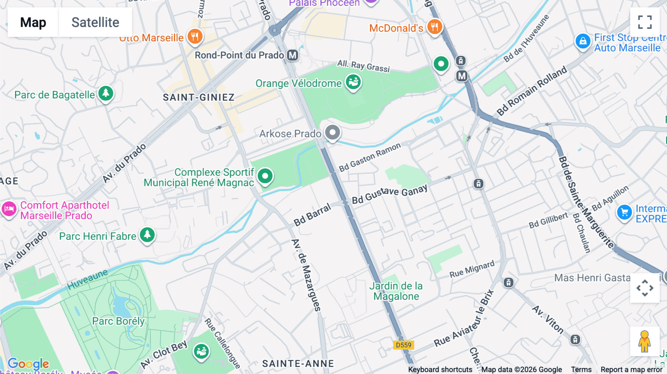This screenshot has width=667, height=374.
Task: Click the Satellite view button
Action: point(95,22)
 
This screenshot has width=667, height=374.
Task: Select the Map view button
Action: point(33,22)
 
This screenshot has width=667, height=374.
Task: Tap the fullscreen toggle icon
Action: point(645,22)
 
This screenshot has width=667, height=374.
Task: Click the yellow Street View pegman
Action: point(644,341)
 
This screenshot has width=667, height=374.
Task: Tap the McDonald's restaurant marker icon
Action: point(434,27)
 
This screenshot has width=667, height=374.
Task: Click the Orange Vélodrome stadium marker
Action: point(354,82)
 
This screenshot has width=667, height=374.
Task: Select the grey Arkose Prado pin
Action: point(332,133)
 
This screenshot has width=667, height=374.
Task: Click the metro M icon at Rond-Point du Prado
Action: point(293,55)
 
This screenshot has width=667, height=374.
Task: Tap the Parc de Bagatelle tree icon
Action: point(106,93)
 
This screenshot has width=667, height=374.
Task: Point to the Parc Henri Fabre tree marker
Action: point(147,235)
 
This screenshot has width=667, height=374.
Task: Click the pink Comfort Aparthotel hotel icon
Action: point(9,209)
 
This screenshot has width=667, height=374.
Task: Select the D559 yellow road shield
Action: point(404,345)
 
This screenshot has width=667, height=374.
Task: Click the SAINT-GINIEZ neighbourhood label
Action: point(199,97)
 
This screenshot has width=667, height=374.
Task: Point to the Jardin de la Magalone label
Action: point(396,291)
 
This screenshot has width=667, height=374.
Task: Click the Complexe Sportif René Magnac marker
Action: point(265,176)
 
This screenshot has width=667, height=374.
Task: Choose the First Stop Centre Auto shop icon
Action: point(583,41)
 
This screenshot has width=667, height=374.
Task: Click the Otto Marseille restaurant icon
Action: point(195,36)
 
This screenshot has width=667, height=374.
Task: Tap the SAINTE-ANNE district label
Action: point(298,364)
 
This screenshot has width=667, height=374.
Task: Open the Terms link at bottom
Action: point(581,370)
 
